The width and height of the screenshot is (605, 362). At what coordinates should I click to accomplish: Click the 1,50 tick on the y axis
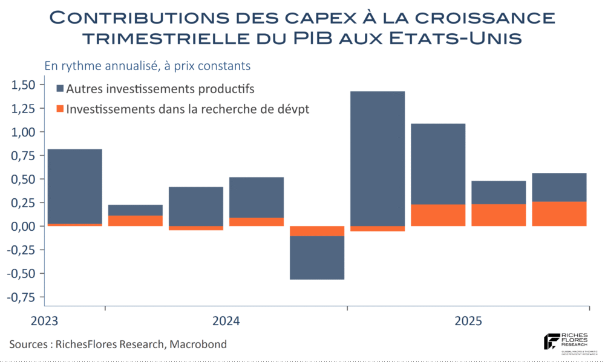click(24, 85)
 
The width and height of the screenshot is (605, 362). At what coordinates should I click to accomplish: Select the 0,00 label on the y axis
click(24, 226)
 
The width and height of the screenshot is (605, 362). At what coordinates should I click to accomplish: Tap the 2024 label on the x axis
click(226, 321)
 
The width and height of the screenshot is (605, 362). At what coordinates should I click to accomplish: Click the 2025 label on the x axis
click(469, 321)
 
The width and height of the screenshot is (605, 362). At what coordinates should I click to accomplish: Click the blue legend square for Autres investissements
click(60, 89)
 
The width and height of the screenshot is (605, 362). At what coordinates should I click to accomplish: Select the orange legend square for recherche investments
click(60, 109)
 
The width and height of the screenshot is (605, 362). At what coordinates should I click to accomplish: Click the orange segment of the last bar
click(559, 214)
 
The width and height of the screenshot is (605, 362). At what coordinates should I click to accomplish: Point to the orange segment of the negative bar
click(317, 231)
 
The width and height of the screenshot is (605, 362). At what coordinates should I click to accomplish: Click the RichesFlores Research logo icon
click(551, 341)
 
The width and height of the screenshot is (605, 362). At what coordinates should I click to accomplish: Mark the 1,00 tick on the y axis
click(24, 132)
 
